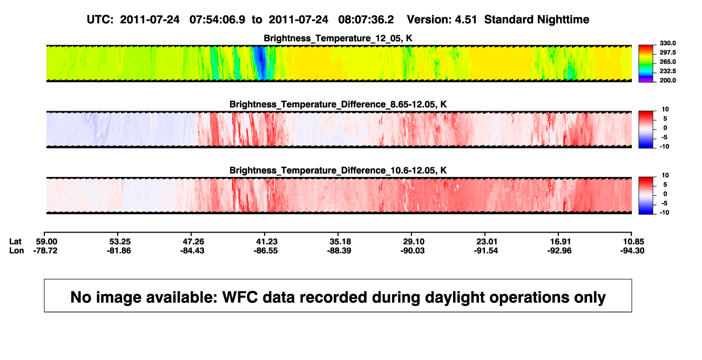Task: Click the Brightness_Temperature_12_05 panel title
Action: (x=338, y=38)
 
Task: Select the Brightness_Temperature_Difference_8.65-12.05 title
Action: (x=338, y=104)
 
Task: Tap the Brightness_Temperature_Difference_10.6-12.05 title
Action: (x=338, y=171)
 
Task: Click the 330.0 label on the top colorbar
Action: (x=667, y=43)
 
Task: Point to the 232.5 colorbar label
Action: (x=667, y=71)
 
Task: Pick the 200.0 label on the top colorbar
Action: (x=667, y=80)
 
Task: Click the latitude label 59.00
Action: (x=46, y=242)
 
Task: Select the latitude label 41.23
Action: (x=267, y=242)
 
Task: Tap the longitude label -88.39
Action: (x=339, y=250)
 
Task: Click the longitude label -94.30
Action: (x=632, y=250)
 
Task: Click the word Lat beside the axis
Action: (x=15, y=242)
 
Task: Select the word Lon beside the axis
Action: (x=16, y=250)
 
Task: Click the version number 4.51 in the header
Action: (x=465, y=19)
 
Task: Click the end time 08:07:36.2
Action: (x=366, y=19)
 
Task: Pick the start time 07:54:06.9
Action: (x=217, y=19)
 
